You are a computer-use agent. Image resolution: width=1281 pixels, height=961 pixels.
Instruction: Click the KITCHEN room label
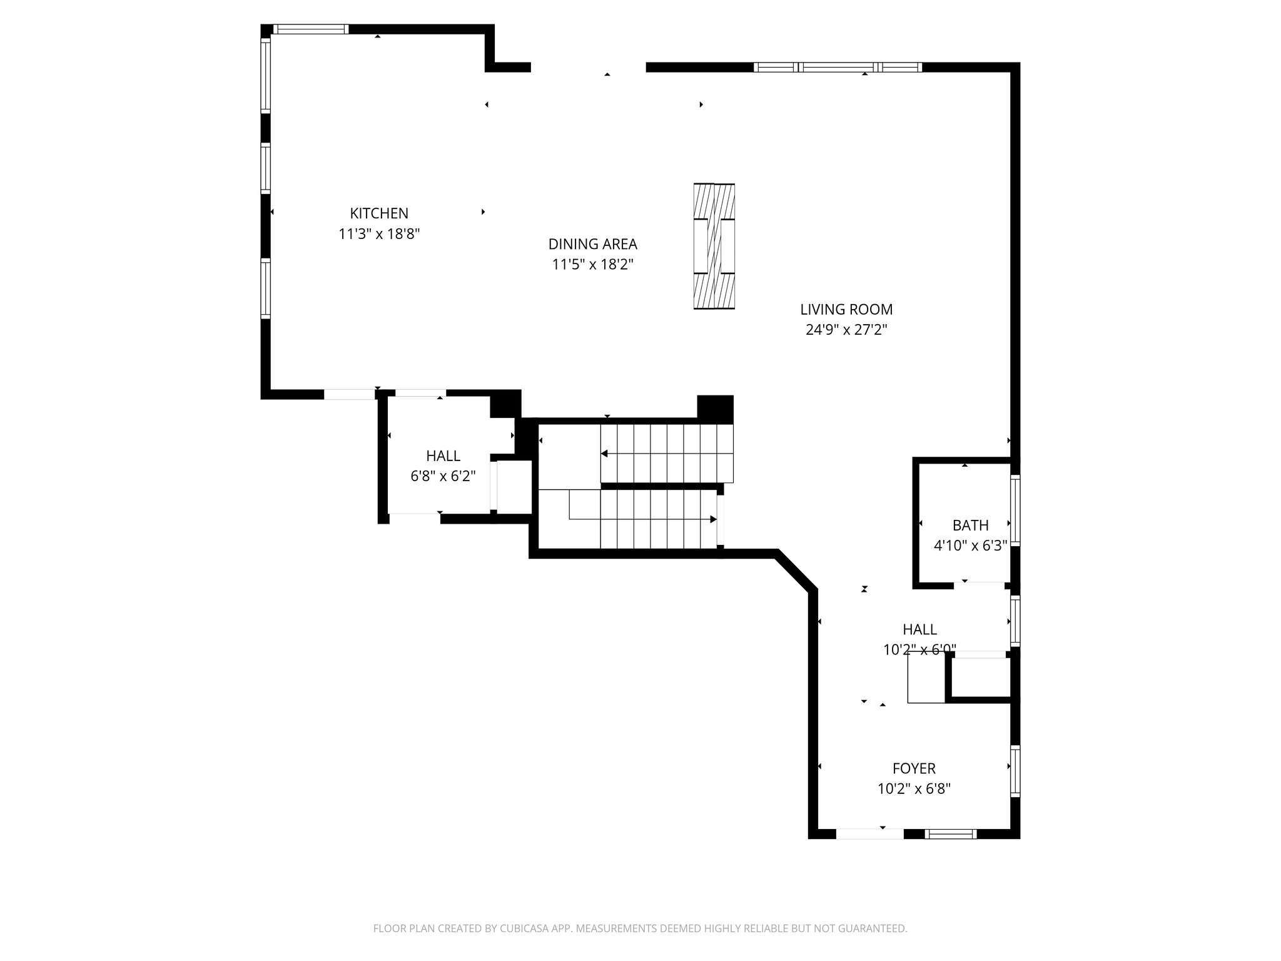pyautogui.click(x=379, y=213)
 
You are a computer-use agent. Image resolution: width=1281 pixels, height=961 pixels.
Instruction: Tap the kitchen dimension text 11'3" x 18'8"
pyautogui.click(x=379, y=234)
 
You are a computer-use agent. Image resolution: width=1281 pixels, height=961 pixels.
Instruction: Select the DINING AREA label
pyautogui.click(x=592, y=244)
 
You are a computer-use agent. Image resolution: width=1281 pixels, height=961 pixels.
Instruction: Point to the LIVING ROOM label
pyautogui.click(x=846, y=309)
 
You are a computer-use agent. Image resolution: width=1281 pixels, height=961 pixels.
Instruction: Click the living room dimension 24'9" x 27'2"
pyautogui.click(x=846, y=330)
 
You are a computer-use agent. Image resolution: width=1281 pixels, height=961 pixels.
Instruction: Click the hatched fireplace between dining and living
pyautogui.click(x=714, y=246)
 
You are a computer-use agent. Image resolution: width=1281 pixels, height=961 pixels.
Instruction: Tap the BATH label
pyautogui.click(x=970, y=526)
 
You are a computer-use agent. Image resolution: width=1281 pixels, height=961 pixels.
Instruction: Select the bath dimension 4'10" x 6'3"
pyautogui.click(x=970, y=546)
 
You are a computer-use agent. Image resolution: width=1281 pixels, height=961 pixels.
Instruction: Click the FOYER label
pyautogui.click(x=914, y=768)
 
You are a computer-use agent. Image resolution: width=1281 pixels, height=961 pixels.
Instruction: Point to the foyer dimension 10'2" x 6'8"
pyautogui.click(x=914, y=789)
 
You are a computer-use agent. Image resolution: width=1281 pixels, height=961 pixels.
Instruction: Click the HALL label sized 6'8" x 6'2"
pyautogui.click(x=443, y=456)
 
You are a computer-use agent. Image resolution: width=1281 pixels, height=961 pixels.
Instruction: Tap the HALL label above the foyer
pyautogui.click(x=919, y=629)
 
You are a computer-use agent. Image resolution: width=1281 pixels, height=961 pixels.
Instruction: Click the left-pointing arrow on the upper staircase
pyautogui.click(x=605, y=454)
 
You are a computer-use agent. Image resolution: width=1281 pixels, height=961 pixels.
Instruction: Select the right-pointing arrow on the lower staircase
pyautogui.click(x=712, y=519)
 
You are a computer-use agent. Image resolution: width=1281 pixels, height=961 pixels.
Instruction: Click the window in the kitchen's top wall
pyautogui.click(x=311, y=29)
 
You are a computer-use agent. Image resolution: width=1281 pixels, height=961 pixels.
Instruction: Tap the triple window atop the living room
pyautogui.click(x=838, y=67)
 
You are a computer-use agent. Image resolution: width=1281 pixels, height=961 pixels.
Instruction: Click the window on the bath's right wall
pyautogui.click(x=1015, y=510)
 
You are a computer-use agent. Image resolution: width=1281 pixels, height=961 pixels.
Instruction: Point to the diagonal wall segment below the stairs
pyautogui.click(x=796, y=571)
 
